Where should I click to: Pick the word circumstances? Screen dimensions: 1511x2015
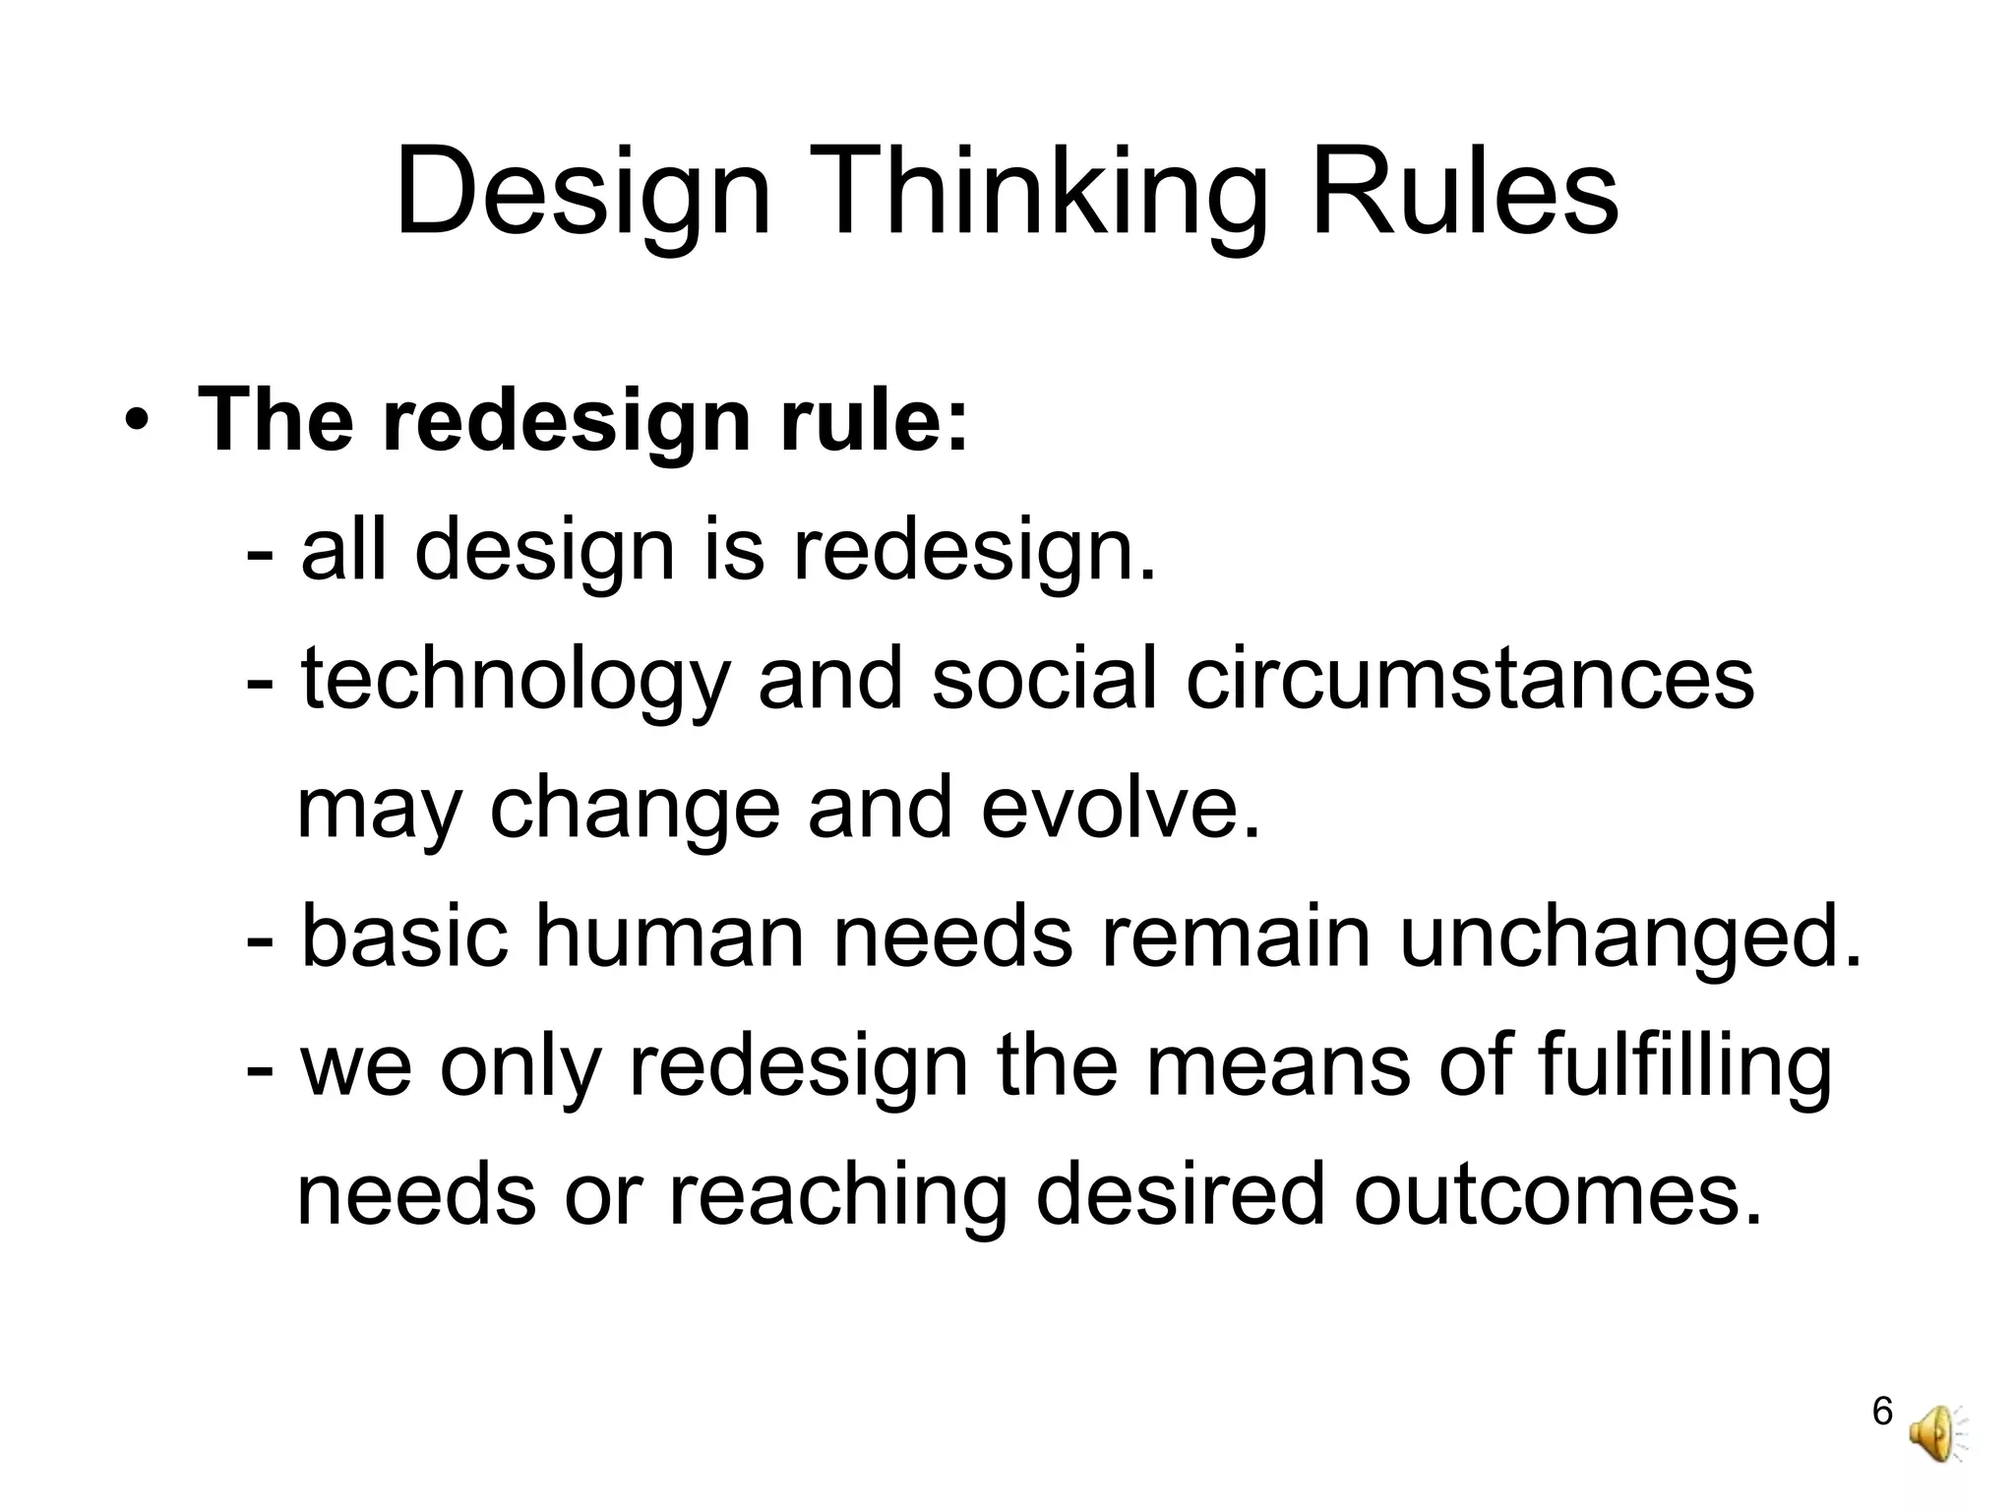click(1470, 681)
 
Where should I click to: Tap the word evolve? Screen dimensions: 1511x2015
click(1121, 809)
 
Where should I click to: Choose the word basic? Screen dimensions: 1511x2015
click(404, 937)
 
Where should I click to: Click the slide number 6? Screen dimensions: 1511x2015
click(1882, 1411)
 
